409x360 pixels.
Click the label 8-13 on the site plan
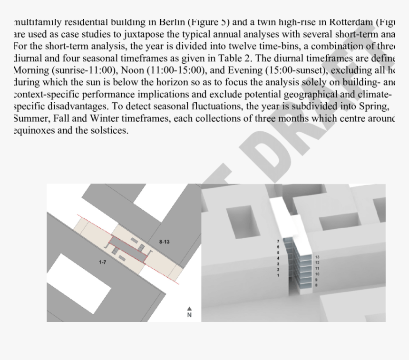(x=165, y=242)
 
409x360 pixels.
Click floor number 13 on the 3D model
(x=317, y=257)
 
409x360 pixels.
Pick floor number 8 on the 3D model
(x=317, y=285)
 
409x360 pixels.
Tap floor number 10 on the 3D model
(x=317, y=274)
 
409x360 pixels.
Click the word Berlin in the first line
(x=174, y=22)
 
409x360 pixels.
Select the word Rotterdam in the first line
(x=348, y=22)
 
